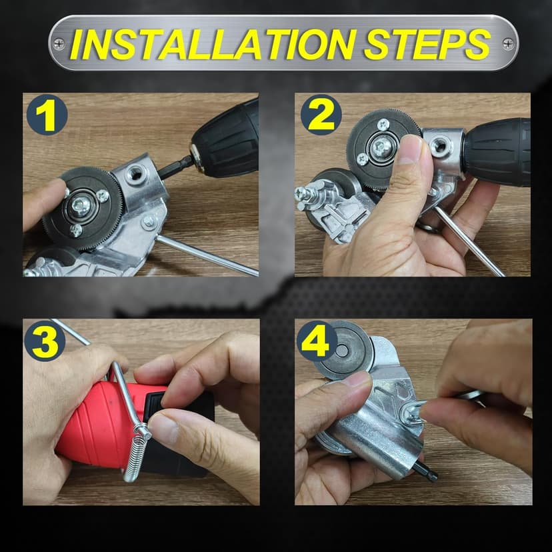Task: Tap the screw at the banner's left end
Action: coord(59,44)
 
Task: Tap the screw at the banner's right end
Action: coord(508,44)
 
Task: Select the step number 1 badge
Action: coord(46,115)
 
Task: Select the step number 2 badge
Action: coord(321,115)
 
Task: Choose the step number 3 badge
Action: coord(45,341)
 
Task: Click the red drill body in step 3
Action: coord(93,427)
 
